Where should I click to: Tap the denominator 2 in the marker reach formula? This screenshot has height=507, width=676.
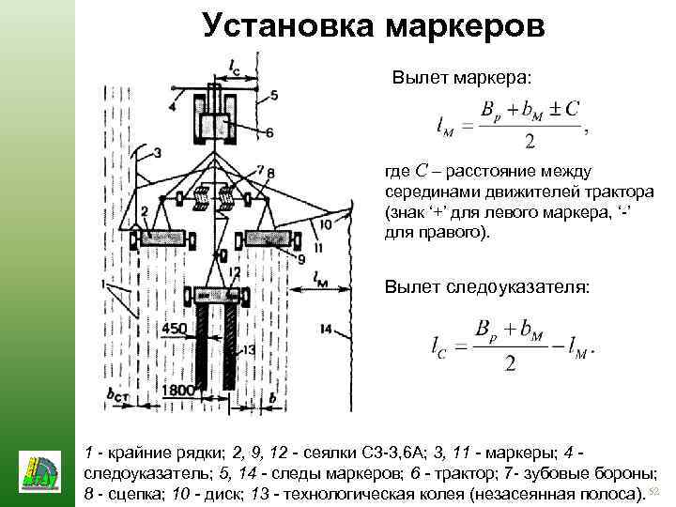pos(530,142)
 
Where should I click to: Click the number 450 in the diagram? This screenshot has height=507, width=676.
pos(175,328)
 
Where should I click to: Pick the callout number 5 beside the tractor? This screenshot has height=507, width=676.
pos(273,95)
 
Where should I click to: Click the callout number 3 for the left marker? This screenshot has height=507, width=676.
pos(156,152)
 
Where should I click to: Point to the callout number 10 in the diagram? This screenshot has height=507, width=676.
pos(325,224)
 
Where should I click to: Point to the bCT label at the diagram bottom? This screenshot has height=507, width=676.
pos(118,394)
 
